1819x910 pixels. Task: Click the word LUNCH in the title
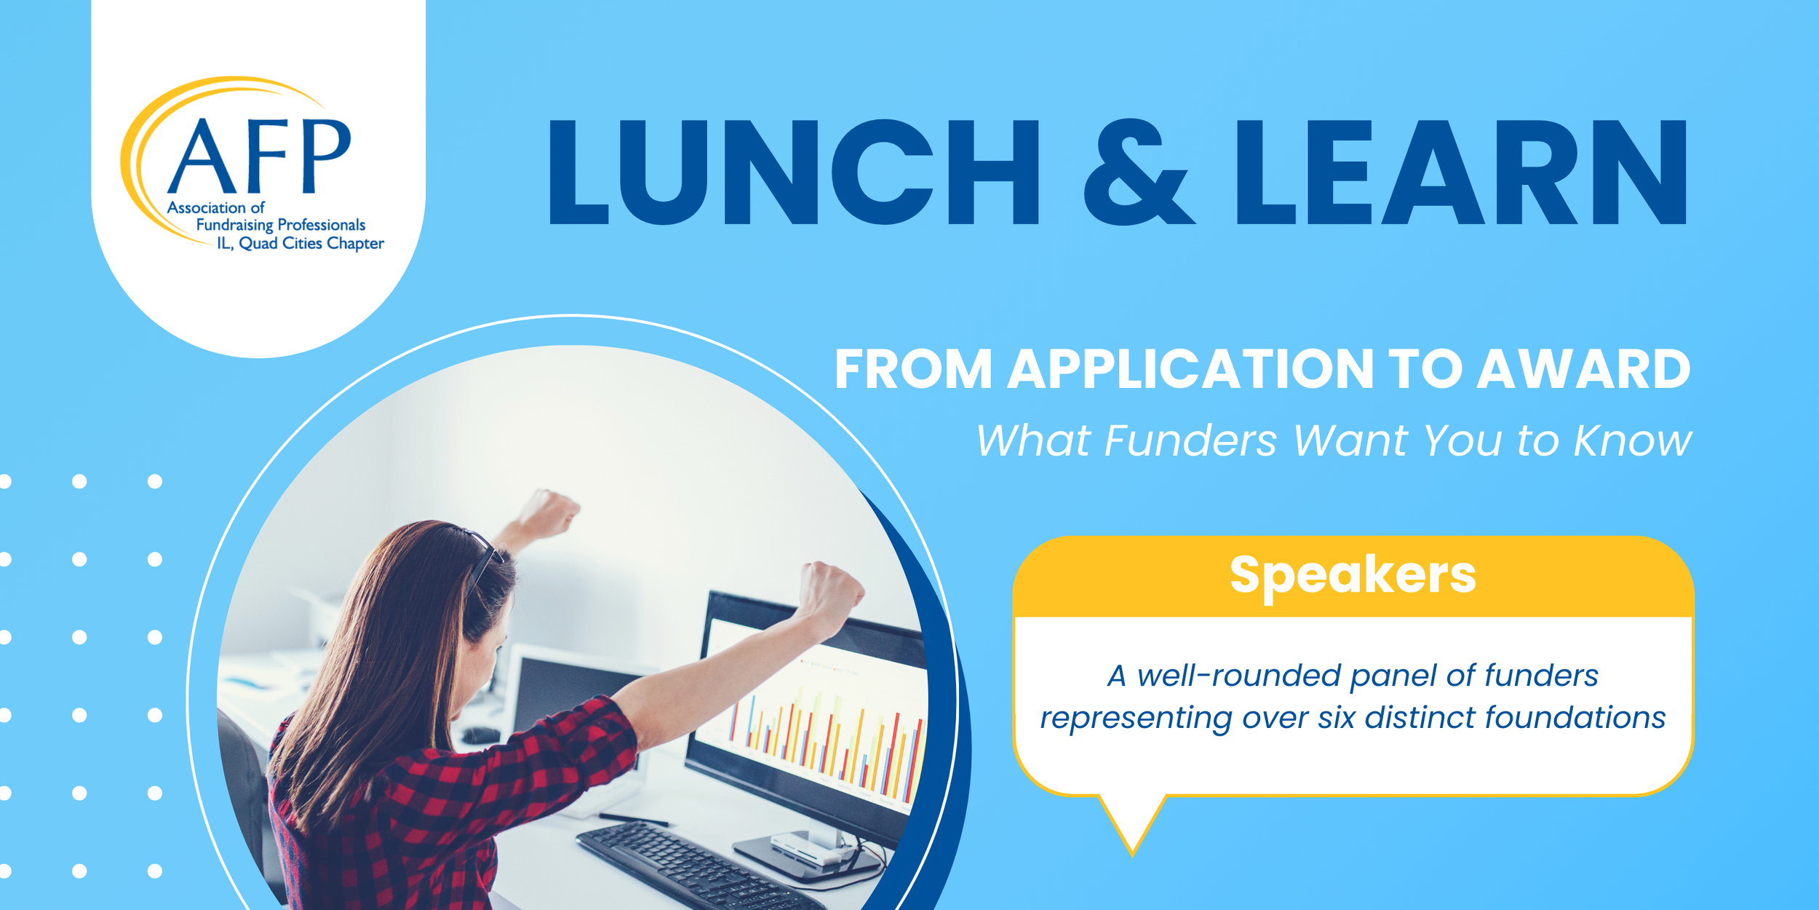(x=793, y=173)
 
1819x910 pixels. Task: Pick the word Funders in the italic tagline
(x=1190, y=440)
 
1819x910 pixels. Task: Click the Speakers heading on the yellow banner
(x=1353, y=575)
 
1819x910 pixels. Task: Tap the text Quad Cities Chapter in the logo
(x=311, y=243)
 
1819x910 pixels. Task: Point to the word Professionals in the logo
(x=321, y=225)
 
